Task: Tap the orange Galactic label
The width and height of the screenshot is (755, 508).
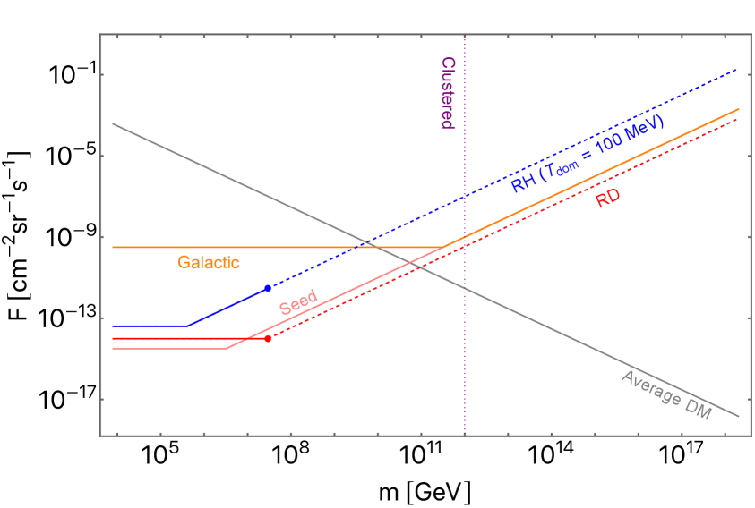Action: pyautogui.click(x=209, y=263)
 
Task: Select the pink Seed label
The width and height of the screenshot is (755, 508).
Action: pyautogui.click(x=298, y=303)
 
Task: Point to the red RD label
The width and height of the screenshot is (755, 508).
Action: pyautogui.click(x=608, y=199)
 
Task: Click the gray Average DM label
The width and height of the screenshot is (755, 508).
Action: pyautogui.click(x=665, y=395)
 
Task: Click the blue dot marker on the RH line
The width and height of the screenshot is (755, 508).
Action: pyautogui.click(x=268, y=288)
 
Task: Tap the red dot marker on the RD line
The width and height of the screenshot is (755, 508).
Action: pyautogui.click(x=268, y=338)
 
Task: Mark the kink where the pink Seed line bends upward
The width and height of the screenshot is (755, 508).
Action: pyautogui.click(x=226, y=348)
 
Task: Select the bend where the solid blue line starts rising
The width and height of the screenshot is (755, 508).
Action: pyautogui.click(x=186, y=326)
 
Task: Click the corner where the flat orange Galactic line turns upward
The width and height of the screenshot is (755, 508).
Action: pyautogui.click(x=442, y=247)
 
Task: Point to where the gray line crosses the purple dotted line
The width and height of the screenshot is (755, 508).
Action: pyautogui.click(x=465, y=286)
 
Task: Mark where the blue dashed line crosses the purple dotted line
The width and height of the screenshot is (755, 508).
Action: pyautogui.click(x=465, y=196)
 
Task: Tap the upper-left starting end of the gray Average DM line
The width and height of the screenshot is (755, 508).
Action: pyautogui.click(x=113, y=123)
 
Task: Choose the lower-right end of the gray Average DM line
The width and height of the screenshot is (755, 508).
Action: pyautogui.click(x=739, y=416)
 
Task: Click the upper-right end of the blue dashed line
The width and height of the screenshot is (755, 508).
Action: pyautogui.click(x=737, y=69)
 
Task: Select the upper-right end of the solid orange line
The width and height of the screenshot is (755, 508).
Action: pyautogui.click(x=739, y=109)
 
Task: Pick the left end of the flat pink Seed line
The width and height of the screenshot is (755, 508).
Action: pyautogui.click(x=113, y=348)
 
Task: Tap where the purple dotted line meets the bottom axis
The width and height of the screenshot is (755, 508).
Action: pyautogui.click(x=465, y=436)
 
